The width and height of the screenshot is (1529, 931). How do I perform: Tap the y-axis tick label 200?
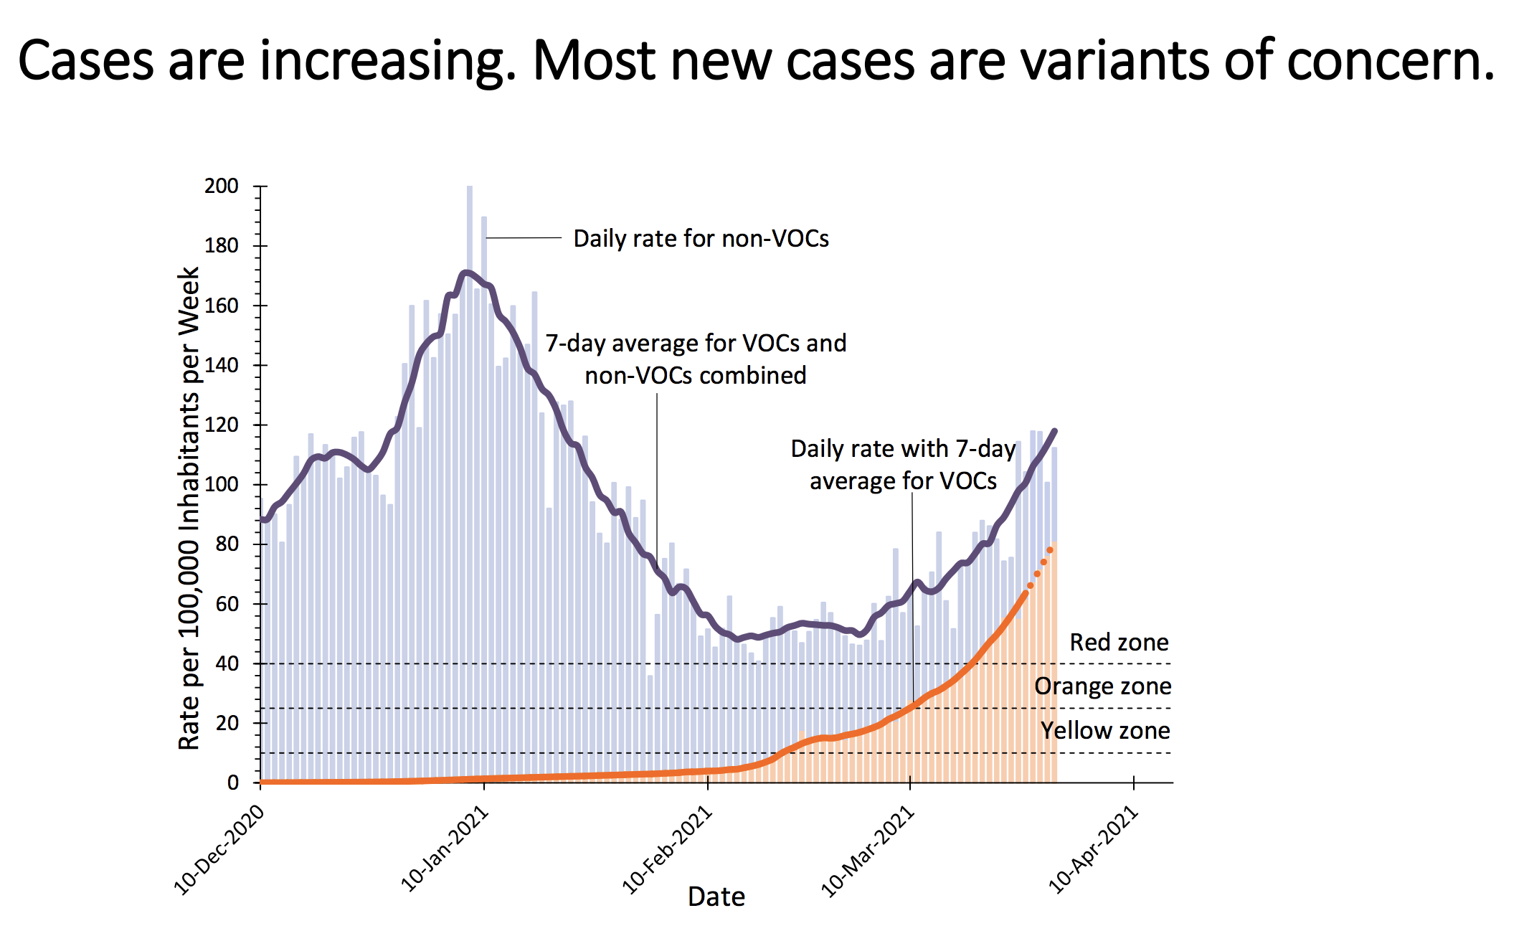click(x=222, y=186)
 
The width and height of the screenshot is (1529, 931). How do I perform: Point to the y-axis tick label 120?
click(x=222, y=425)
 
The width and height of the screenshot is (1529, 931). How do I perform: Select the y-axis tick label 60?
click(x=227, y=604)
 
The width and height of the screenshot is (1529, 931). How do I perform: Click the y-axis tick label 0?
click(x=233, y=783)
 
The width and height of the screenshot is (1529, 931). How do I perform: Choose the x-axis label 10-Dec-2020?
click(x=219, y=850)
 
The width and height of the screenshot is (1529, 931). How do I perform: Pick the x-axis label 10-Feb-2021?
click(x=667, y=850)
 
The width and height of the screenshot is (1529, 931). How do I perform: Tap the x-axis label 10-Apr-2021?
click(x=1093, y=850)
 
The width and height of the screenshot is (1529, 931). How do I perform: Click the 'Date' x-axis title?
click(x=716, y=897)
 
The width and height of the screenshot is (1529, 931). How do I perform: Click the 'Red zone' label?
click(x=1119, y=642)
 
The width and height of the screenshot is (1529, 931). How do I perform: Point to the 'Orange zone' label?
click(x=1102, y=686)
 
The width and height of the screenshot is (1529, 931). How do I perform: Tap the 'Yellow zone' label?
click(x=1105, y=731)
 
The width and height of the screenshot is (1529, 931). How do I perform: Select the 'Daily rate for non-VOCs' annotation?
click(x=701, y=239)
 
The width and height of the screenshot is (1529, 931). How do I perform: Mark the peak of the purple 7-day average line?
click(x=466, y=272)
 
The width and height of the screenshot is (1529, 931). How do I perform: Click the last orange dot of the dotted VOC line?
click(x=1050, y=550)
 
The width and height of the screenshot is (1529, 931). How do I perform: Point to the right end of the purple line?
click(x=1054, y=431)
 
